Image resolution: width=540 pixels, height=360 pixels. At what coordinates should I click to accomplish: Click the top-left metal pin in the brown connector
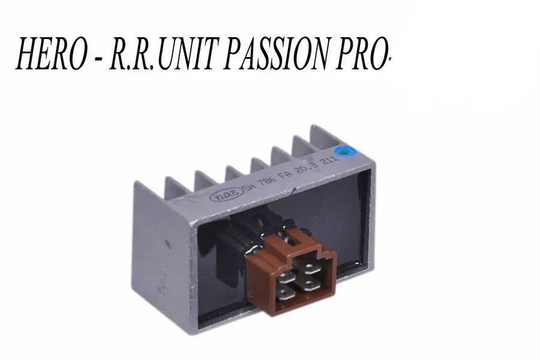pyautogui.click(x=287, y=265)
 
